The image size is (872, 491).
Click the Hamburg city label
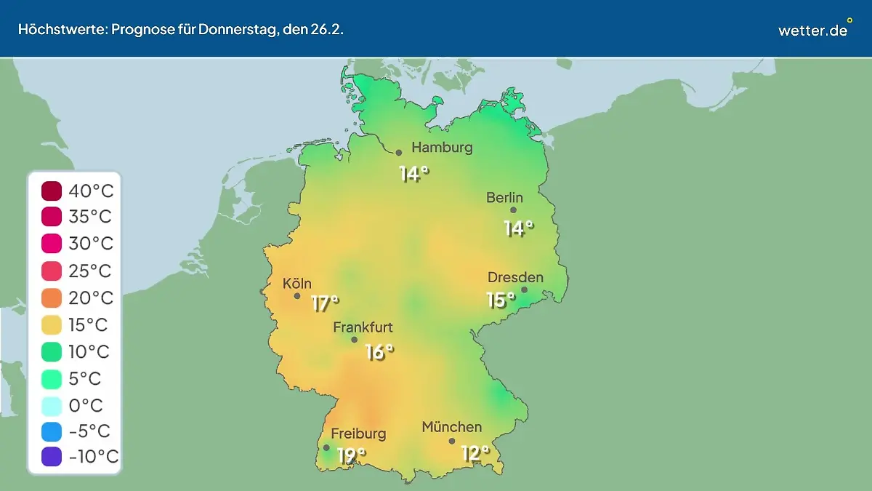point(442,148)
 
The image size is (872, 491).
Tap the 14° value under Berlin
point(518,228)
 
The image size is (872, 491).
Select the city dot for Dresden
point(524,290)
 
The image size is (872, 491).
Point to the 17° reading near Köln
point(325,303)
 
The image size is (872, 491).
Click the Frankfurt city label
point(363,327)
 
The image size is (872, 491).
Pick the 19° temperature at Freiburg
point(351,456)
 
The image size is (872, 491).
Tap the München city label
point(451,427)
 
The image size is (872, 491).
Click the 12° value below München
point(475,454)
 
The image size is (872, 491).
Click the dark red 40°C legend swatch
point(52,191)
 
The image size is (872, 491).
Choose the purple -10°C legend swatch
point(52,457)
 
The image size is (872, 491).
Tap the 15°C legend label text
point(90,324)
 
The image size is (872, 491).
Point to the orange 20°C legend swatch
point(52,298)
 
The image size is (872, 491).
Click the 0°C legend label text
point(86,404)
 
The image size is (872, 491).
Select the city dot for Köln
point(297,296)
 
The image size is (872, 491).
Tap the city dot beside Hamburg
point(399,153)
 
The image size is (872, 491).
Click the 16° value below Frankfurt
point(379,352)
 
